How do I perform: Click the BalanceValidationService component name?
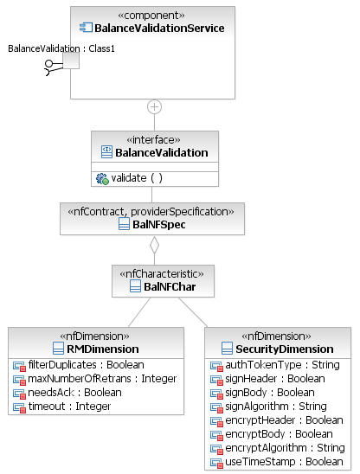[159, 29]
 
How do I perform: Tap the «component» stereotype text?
[151, 15]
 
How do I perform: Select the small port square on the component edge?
[71, 61]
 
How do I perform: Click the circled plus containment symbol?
[154, 107]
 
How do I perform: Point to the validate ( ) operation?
[137, 178]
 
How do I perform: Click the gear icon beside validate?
[102, 179]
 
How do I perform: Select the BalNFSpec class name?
[159, 225]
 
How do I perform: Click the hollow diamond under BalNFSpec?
[154, 245]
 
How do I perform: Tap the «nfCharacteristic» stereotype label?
[162, 274]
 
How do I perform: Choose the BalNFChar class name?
[170, 287]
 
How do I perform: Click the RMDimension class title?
[103, 349]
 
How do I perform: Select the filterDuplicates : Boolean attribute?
[87, 365]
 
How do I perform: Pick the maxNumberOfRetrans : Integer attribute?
[102, 379]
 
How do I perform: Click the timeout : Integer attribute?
[69, 407]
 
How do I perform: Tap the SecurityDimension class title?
[285, 349]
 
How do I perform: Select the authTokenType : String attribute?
[283, 365]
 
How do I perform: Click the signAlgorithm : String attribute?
[276, 407]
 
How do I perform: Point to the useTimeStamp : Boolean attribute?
[285, 462]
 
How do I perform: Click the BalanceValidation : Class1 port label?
[61, 48]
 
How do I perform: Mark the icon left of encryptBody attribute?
[216, 435]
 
